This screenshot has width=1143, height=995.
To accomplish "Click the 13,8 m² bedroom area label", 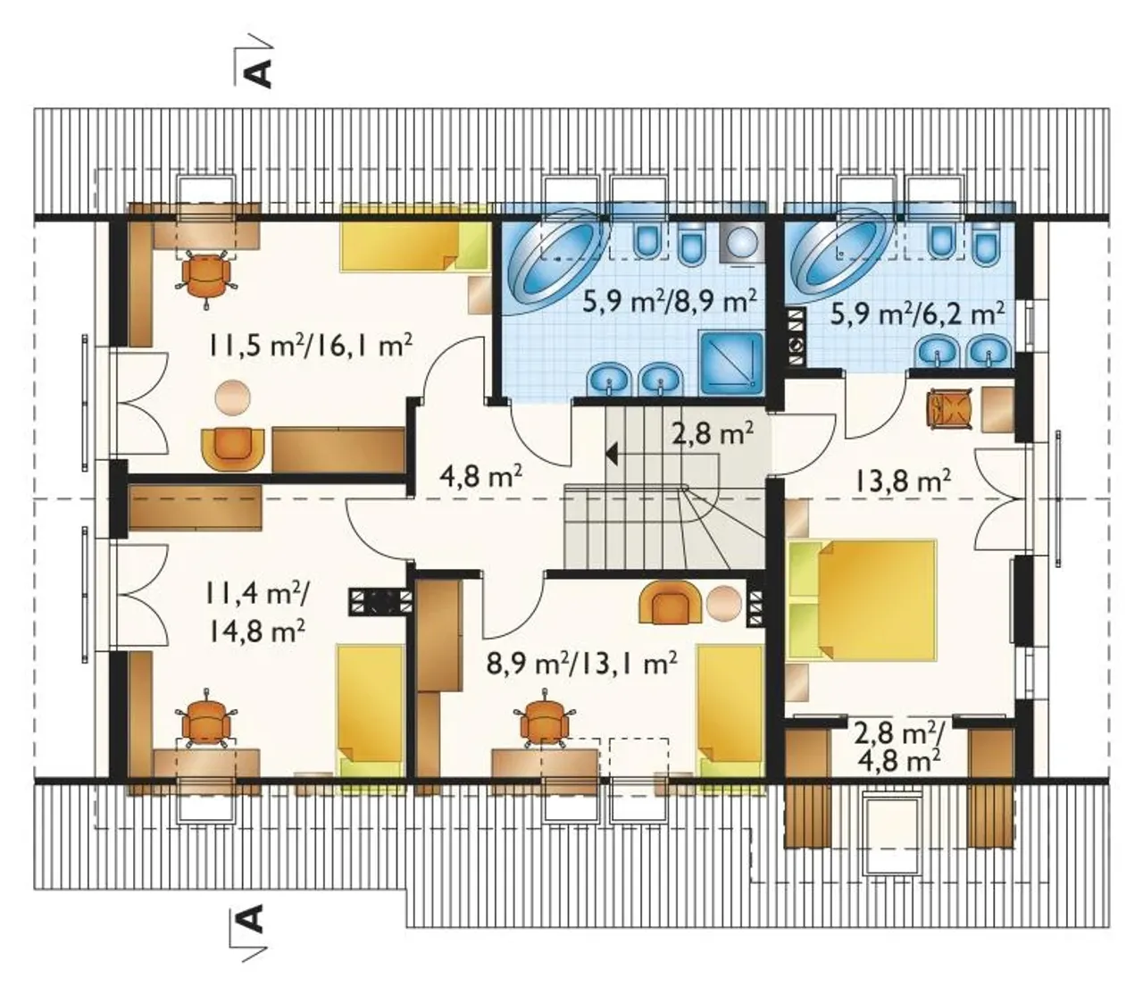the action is (x=903, y=480).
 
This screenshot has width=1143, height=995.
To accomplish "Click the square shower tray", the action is (x=732, y=362).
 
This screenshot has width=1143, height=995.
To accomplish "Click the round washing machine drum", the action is (x=742, y=242).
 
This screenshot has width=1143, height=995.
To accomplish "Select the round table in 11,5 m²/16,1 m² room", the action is (x=232, y=397).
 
